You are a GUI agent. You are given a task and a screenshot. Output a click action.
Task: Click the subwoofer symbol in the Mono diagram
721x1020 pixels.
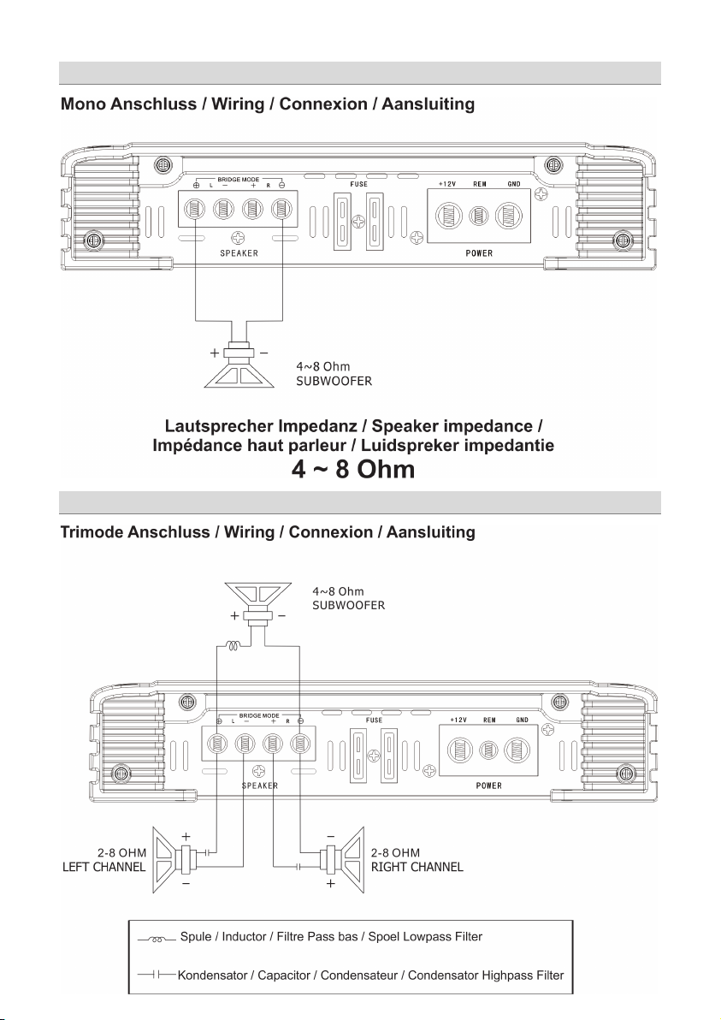coord(239,365)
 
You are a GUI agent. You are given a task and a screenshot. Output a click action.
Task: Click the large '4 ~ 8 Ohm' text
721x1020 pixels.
coord(354,470)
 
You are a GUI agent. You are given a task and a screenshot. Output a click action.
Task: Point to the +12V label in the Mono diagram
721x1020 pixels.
coord(449,184)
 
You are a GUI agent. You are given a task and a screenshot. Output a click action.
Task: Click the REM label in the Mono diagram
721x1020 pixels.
coord(481,184)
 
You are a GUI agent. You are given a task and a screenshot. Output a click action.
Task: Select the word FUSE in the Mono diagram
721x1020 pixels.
coord(358,184)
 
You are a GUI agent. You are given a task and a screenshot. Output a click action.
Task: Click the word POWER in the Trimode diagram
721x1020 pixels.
coord(488,786)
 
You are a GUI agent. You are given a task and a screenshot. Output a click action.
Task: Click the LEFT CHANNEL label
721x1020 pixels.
coord(104,867)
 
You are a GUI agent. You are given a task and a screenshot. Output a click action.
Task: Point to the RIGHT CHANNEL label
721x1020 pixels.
coord(417,867)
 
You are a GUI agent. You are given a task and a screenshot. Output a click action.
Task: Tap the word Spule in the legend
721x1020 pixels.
coord(197,937)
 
